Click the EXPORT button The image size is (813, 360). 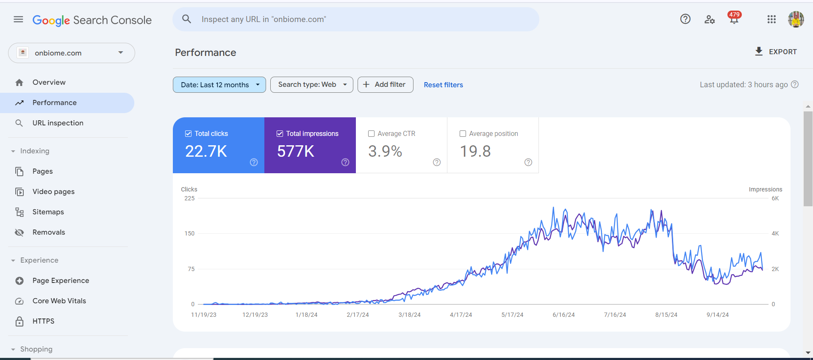776,52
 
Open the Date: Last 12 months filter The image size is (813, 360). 219,85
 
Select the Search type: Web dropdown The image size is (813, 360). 311,85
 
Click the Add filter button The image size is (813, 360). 385,85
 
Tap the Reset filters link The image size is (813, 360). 443,85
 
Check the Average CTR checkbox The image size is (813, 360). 372,134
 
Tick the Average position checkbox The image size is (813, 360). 463,134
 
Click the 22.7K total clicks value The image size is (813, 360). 206,151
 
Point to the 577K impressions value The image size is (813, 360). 296,151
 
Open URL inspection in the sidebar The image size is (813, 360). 58,123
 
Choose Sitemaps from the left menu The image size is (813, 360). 48,212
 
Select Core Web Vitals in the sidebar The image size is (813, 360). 59,301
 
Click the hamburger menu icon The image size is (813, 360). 18,19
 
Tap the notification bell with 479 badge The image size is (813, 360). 734,19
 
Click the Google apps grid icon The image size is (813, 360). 771,19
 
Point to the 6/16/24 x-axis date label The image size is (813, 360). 563,315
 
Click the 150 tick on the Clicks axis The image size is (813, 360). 189,233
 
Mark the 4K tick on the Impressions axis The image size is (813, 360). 775,233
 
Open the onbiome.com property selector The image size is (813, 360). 72,53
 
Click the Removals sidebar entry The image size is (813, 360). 49,232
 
